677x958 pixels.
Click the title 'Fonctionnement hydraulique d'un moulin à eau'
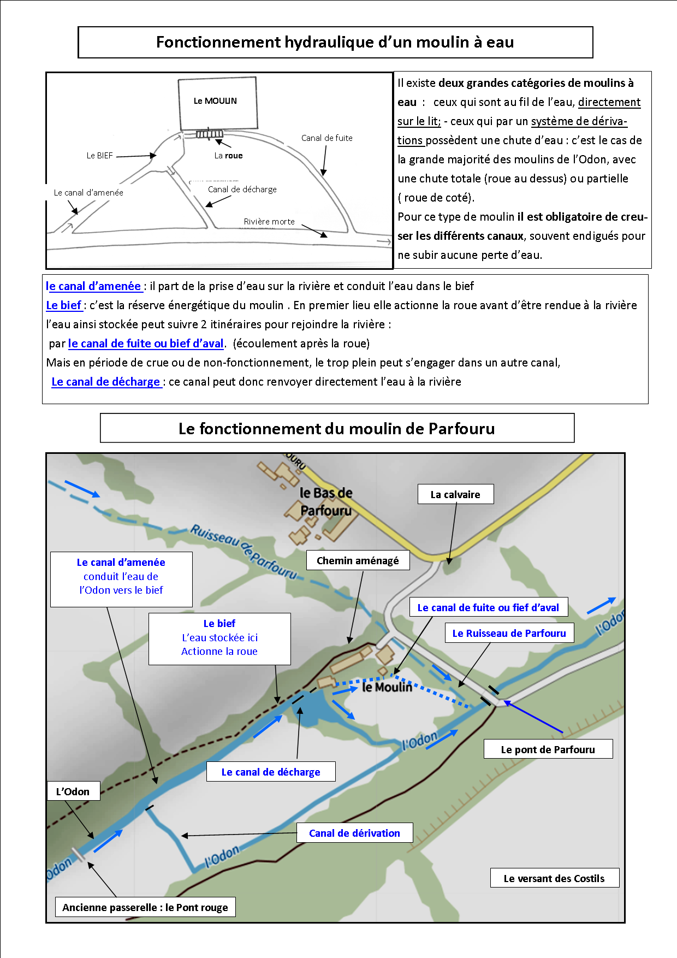click(x=335, y=42)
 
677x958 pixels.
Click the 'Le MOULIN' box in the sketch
click(x=217, y=102)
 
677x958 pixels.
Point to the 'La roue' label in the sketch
click(x=228, y=156)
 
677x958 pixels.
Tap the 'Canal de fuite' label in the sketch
click(x=326, y=138)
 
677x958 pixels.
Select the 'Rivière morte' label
click(x=269, y=222)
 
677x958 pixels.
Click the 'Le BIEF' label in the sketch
click(x=99, y=156)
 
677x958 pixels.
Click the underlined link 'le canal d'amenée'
click(x=93, y=286)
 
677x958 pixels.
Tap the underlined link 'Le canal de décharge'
click(x=106, y=382)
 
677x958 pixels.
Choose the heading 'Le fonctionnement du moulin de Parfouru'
click(x=337, y=428)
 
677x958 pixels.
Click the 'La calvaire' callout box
click(x=455, y=494)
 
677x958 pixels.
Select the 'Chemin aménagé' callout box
click(x=358, y=560)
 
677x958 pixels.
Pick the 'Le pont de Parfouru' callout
click(x=548, y=749)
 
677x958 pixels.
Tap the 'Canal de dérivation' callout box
click(x=354, y=833)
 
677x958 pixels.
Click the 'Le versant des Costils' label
click(x=554, y=878)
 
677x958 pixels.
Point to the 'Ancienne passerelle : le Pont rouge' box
click(x=145, y=907)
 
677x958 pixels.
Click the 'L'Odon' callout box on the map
click(x=73, y=791)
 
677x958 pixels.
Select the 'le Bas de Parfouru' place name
click(x=326, y=501)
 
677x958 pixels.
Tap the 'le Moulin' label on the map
click(x=387, y=687)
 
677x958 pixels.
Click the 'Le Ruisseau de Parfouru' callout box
click(x=509, y=634)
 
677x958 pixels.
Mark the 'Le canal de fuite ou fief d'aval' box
click(x=488, y=607)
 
